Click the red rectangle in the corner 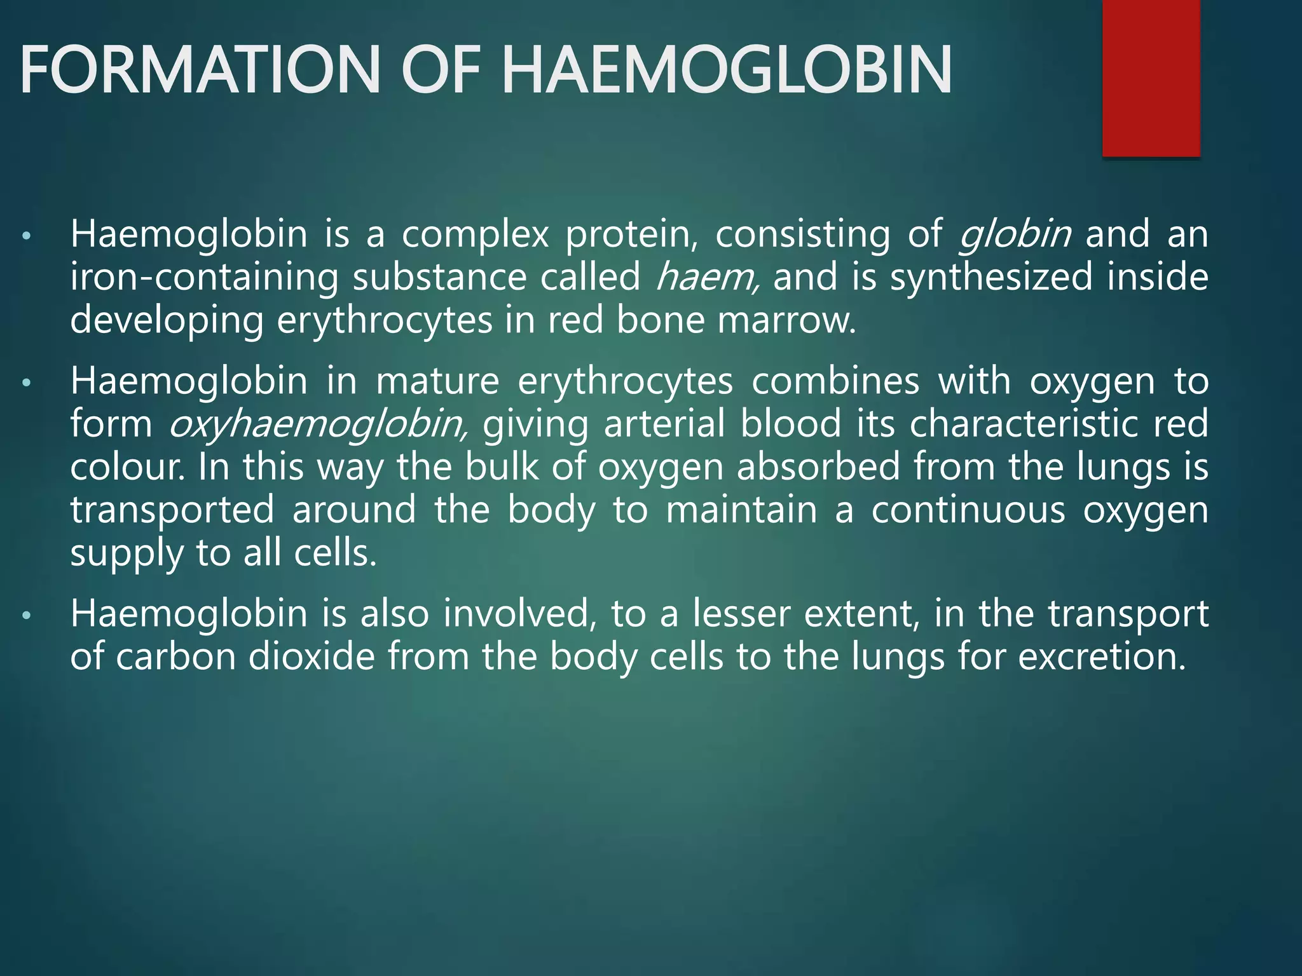(x=1151, y=78)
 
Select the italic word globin (x=1015, y=234)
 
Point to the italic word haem (x=706, y=278)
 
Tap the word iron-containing (x=204, y=278)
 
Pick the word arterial (x=664, y=424)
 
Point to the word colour (x=127, y=467)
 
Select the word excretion (x=1102, y=656)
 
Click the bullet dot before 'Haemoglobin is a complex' (x=26, y=237)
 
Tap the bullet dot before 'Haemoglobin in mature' (x=26, y=384)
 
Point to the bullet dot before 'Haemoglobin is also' (x=26, y=616)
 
